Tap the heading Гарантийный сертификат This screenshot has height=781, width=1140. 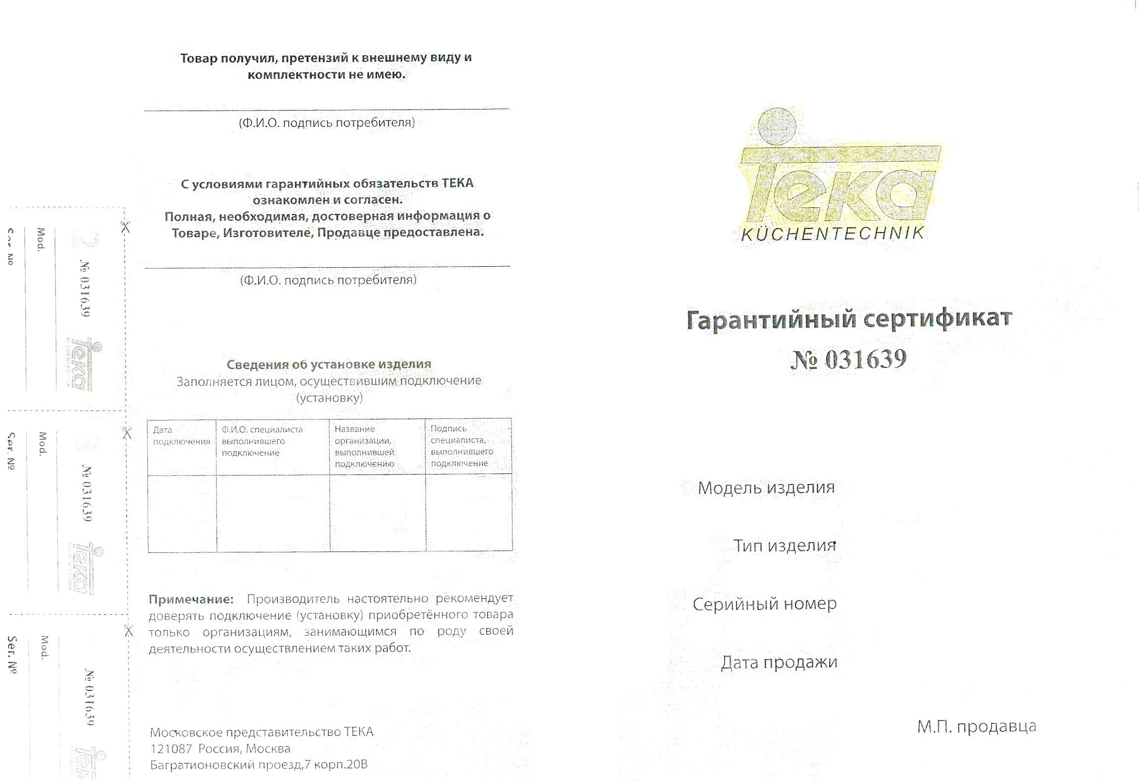pos(849,319)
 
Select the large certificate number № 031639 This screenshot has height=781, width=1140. pos(849,359)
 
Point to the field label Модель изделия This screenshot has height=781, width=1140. pos(766,488)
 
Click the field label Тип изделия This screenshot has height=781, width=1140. pos(785,546)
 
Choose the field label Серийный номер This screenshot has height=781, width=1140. pos(764,604)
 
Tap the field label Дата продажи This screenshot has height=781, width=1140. pos(779,662)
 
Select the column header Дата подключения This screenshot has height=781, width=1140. pos(181,436)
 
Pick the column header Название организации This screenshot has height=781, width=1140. pos(364,446)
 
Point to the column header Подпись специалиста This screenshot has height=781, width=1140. pos(461,446)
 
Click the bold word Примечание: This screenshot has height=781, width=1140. pos(191,600)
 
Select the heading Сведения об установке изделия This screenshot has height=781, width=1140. pos(329,364)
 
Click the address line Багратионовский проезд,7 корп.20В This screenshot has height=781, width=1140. pos(259,765)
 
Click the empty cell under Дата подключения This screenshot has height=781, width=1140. pos(182,513)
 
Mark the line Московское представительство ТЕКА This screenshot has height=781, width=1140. pos(261,732)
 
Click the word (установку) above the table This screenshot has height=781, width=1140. pos(329,398)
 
